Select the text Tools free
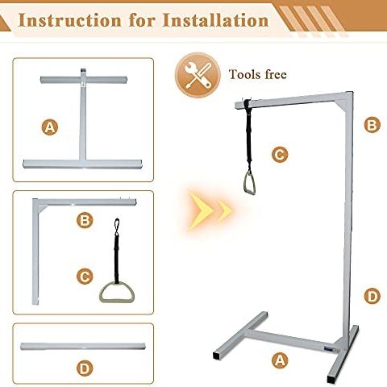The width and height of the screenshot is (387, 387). tap(257, 75)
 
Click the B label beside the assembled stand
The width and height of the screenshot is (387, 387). tap(372, 124)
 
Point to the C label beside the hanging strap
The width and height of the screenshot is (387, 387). tap(279, 153)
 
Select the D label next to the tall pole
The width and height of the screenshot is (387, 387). tap(372, 296)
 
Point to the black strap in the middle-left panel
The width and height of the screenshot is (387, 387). tap(115, 246)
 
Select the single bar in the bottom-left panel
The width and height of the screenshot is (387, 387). tap(85, 345)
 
